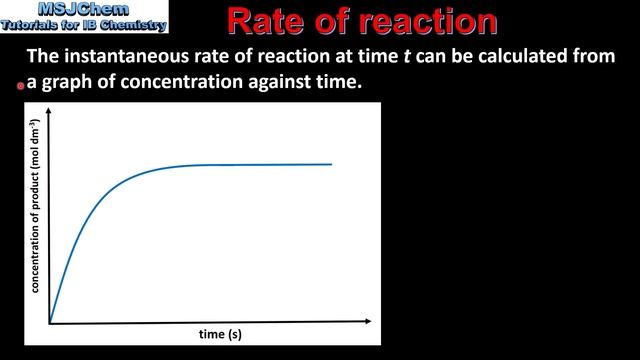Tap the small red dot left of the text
point(20,87)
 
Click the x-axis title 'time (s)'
point(219,333)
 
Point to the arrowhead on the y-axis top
point(50,121)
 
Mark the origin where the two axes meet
point(50,322)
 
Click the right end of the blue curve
point(331,164)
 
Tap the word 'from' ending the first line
point(595,57)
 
